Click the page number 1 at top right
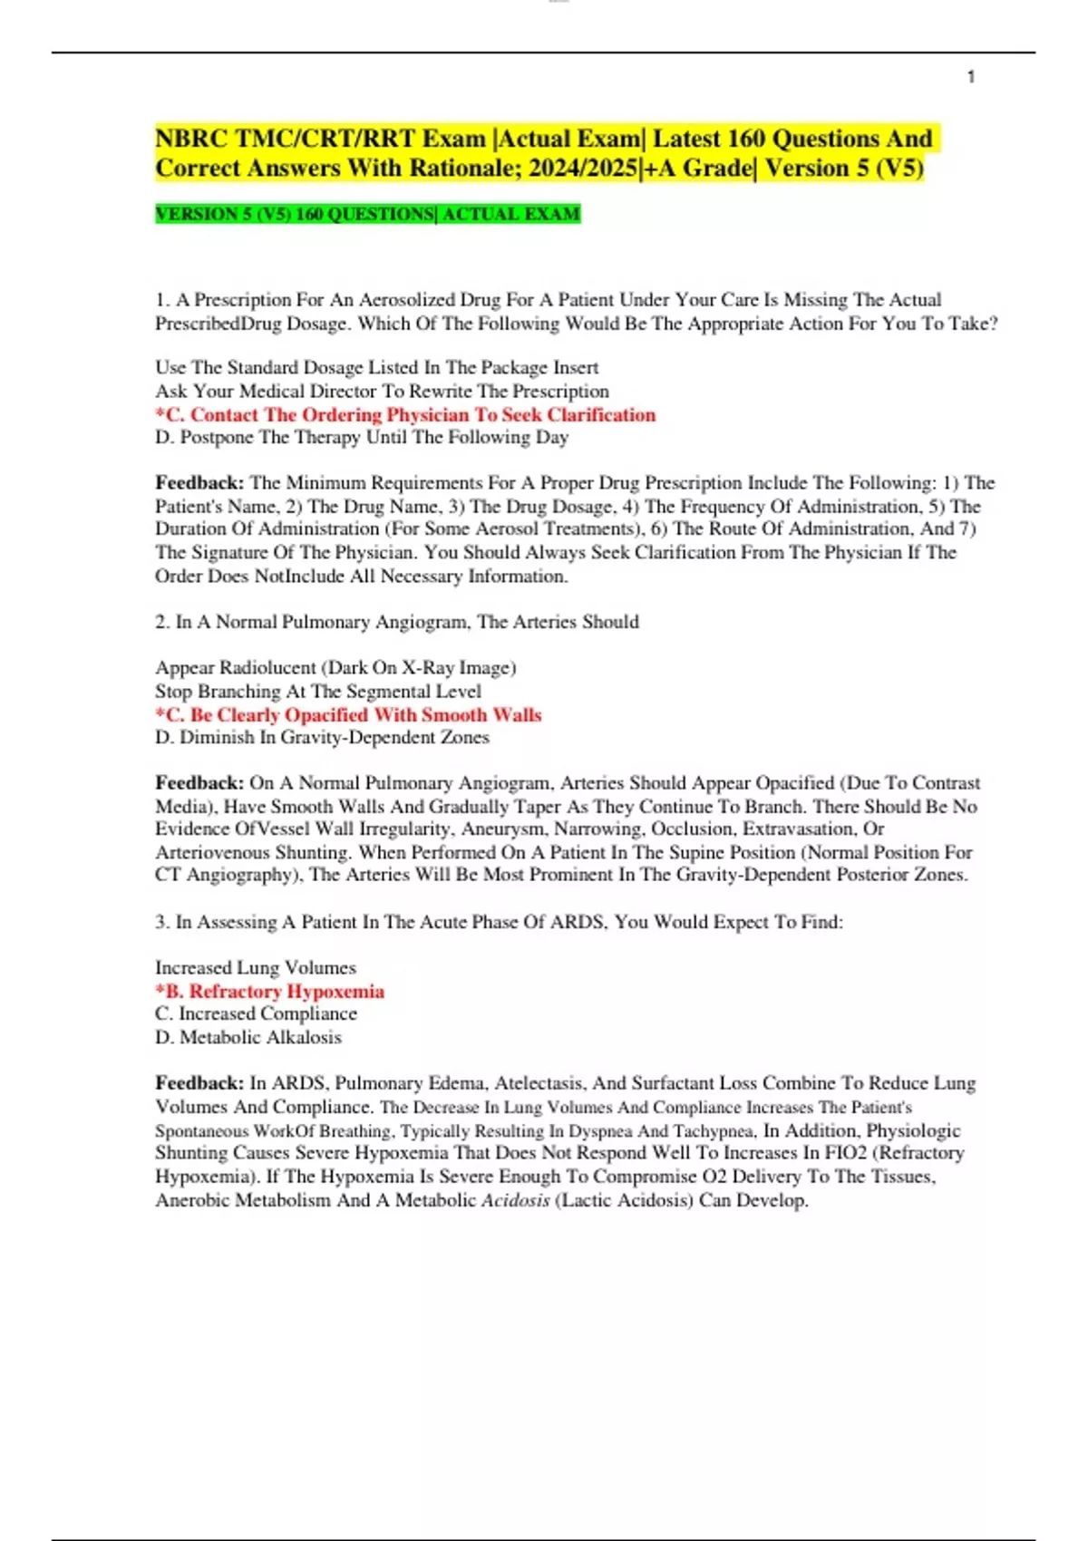tap(971, 77)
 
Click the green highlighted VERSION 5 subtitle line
tap(367, 214)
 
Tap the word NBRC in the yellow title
tap(191, 139)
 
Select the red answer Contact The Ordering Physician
tap(405, 414)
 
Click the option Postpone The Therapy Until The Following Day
tap(362, 437)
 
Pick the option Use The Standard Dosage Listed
tap(376, 367)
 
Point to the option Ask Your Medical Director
tap(382, 391)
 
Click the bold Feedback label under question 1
tap(199, 482)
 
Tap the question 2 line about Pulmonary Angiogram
tap(397, 622)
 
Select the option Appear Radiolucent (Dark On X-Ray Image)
tap(335, 667)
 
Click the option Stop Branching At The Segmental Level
tap(318, 691)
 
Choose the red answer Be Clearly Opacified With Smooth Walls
tap(348, 714)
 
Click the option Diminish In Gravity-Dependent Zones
tap(322, 737)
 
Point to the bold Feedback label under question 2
tap(199, 782)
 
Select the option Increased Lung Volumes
tap(256, 967)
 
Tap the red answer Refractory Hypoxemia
tap(270, 991)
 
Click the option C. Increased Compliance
tap(256, 1013)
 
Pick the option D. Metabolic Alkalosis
tap(248, 1037)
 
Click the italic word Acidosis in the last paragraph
tap(515, 1200)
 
